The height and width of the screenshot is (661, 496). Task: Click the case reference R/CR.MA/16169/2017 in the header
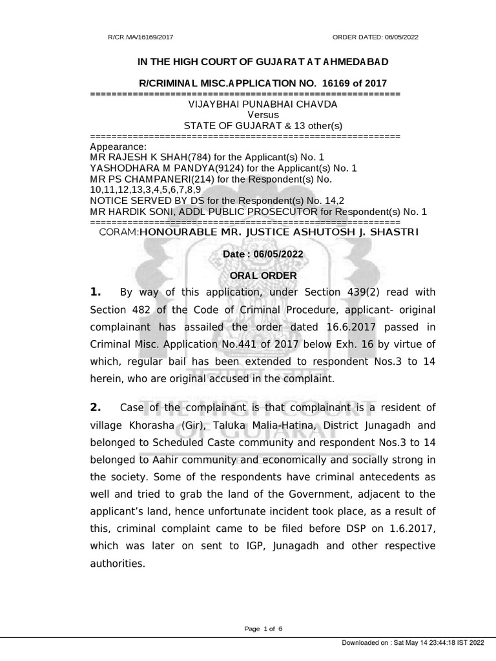pos(140,37)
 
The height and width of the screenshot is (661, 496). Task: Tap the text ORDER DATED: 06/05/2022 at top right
pos(375,37)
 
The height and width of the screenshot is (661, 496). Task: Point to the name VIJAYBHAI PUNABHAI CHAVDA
pos(262,104)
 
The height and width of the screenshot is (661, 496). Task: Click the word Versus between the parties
pos(262,114)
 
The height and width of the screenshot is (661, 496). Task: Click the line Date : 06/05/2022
pos(262,255)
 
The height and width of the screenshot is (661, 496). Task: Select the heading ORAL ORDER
pos(262,276)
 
